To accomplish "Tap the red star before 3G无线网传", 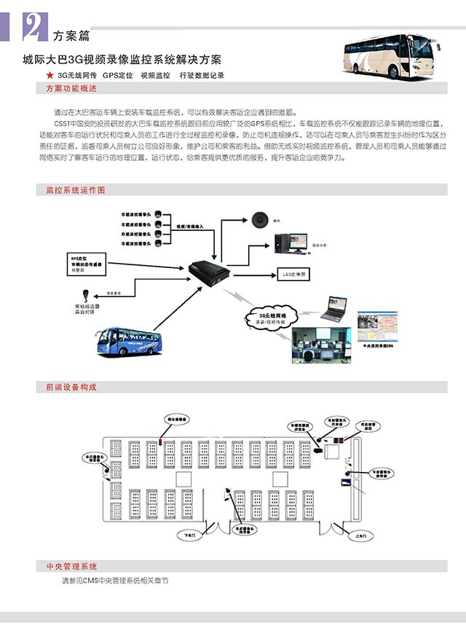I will tap(49, 75).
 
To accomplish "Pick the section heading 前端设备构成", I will tap(71, 388).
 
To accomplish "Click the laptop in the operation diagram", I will tap(335, 308).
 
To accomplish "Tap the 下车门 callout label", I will tap(190, 535).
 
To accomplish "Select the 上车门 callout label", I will tap(351, 535).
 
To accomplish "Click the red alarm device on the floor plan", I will tap(161, 440).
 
